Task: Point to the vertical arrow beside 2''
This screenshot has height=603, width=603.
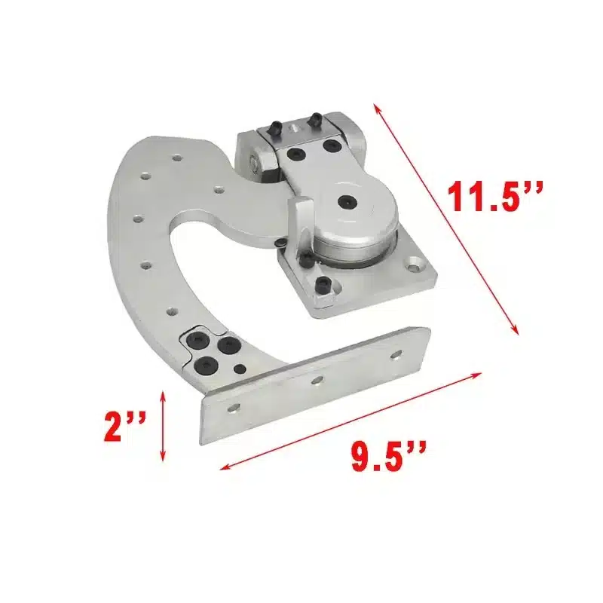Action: pyautogui.click(x=163, y=426)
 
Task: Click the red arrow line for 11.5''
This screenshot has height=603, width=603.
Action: pyautogui.click(x=446, y=220)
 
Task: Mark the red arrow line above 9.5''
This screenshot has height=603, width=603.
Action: pyautogui.click(x=350, y=421)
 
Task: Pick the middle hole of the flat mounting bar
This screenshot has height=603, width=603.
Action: pyautogui.click(x=317, y=381)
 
